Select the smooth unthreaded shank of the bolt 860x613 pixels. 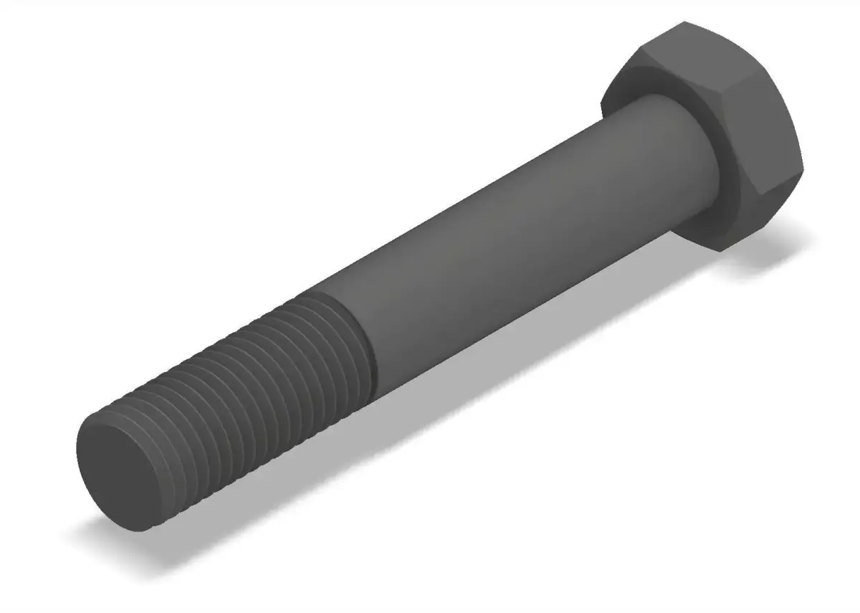pyautogui.click(x=502, y=237)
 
